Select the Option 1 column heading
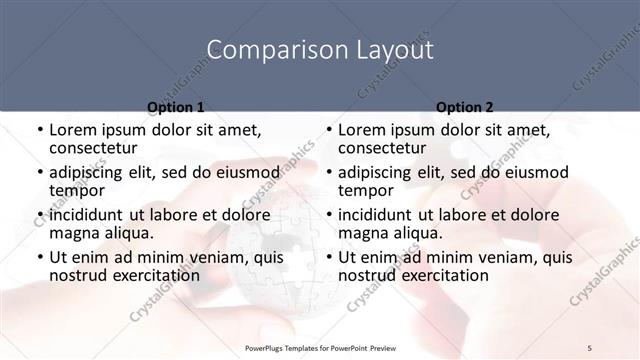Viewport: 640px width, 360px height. pos(176,106)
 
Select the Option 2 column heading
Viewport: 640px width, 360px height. pos(464,106)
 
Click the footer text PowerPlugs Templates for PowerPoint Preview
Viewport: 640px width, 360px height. pos(320,347)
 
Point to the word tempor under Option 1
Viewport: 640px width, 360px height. pos(76,190)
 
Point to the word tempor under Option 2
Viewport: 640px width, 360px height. pos(365,190)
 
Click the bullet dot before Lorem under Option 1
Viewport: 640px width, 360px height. pos(40,131)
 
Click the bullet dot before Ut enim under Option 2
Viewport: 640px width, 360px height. pos(329,257)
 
